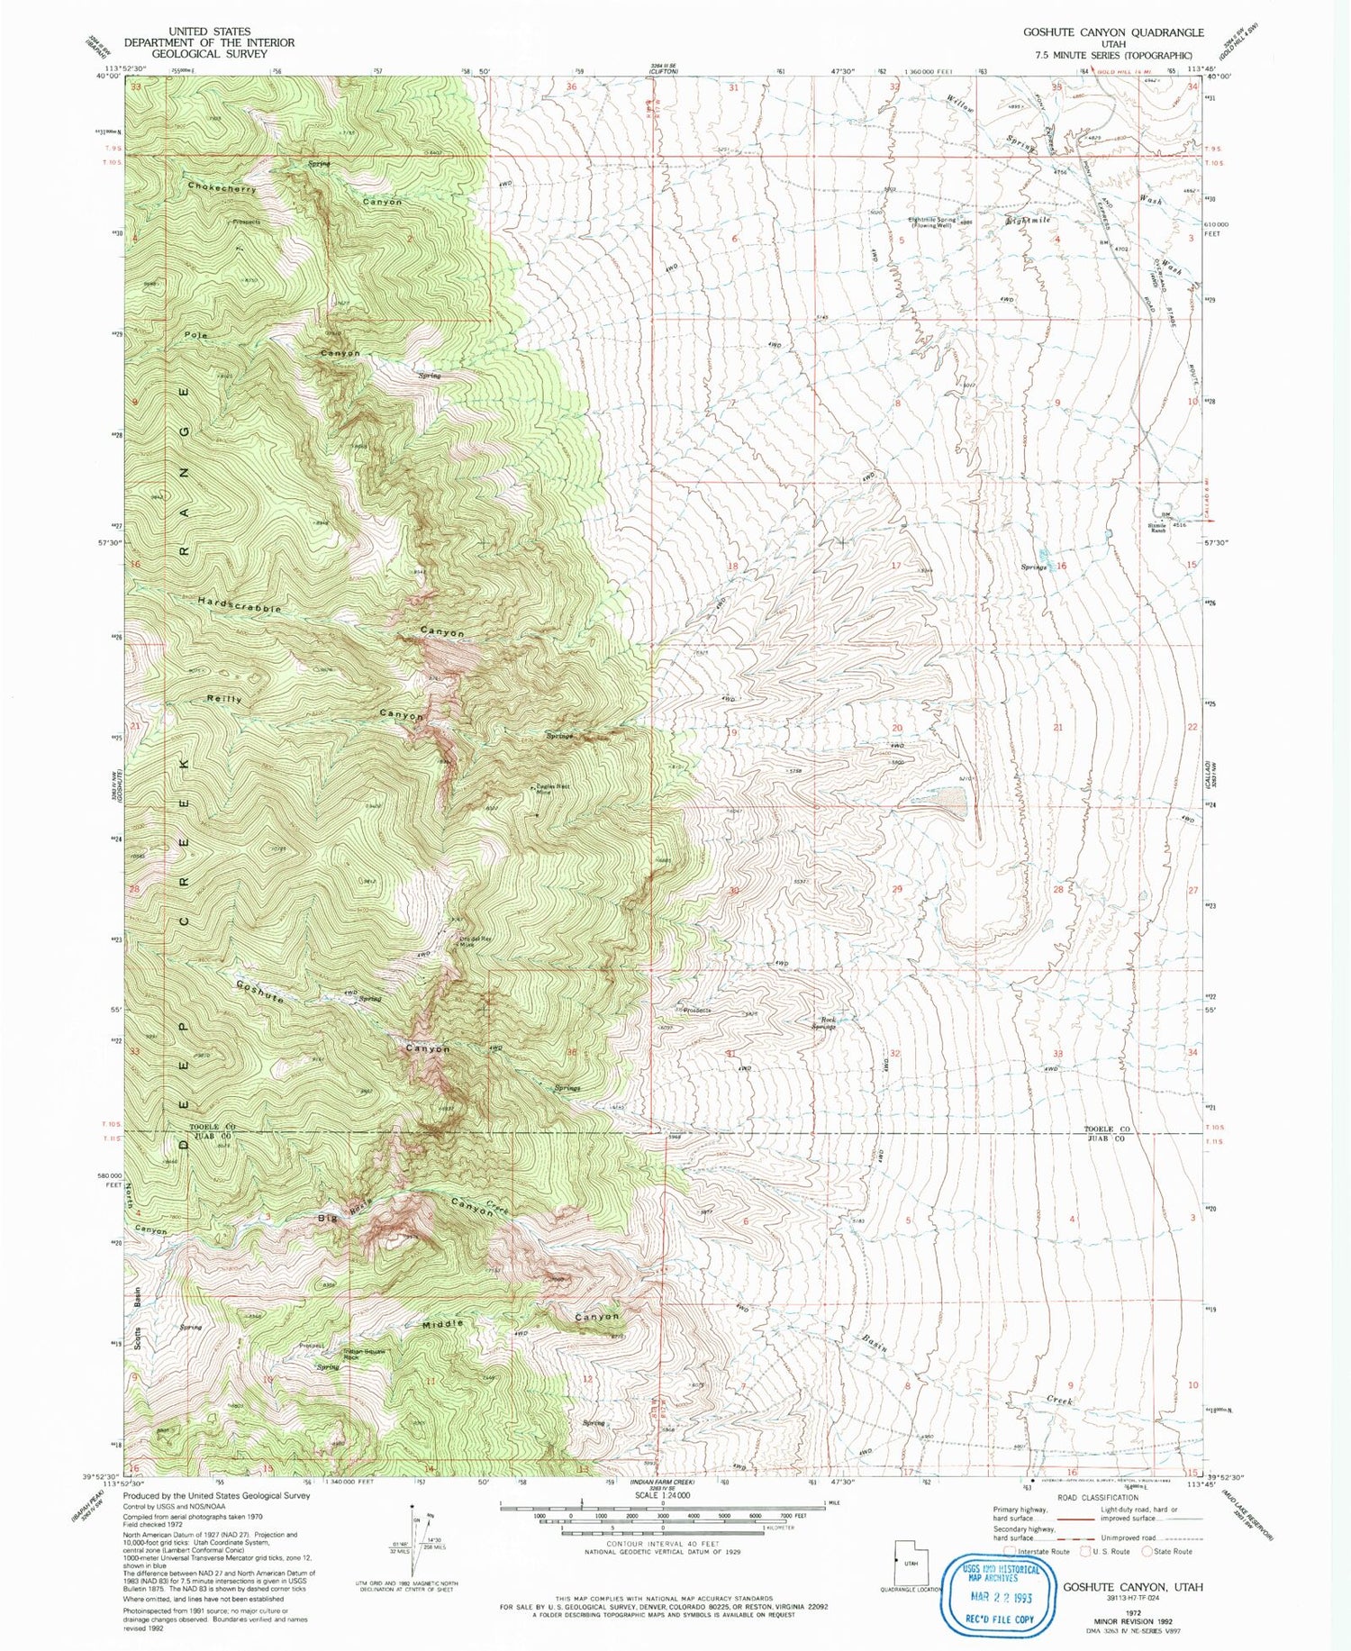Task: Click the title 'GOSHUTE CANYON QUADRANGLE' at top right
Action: pyautogui.click(x=1112, y=32)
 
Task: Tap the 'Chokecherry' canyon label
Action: pyautogui.click(x=222, y=188)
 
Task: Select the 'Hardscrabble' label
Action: pyautogui.click(x=240, y=604)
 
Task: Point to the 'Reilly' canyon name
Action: pyautogui.click(x=224, y=699)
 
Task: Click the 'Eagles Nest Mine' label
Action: pyautogui.click(x=543, y=791)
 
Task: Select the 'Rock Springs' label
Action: pyautogui.click(x=823, y=1023)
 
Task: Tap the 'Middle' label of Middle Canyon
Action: pyautogui.click(x=442, y=1324)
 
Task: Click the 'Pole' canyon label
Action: pyautogui.click(x=196, y=335)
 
